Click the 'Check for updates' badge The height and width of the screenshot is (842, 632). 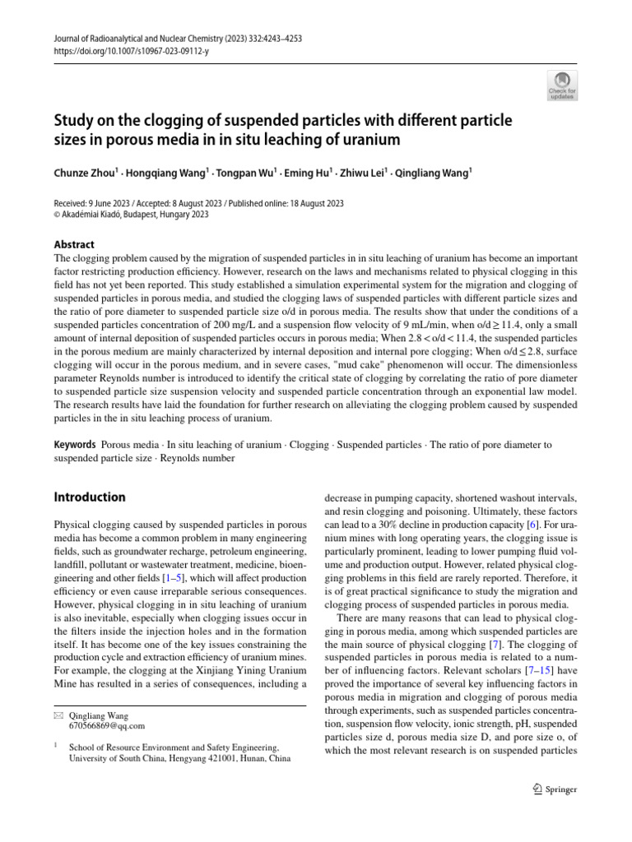(x=562, y=85)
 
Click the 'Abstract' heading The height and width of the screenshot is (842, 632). (x=74, y=244)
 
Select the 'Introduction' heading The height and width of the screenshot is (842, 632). (x=90, y=497)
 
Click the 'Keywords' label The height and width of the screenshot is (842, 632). (x=75, y=444)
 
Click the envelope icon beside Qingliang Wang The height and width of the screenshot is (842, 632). (x=58, y=715)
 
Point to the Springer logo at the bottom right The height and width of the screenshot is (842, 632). (x=555, y=789)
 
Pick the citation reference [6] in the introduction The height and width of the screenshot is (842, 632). (x=532, y=524)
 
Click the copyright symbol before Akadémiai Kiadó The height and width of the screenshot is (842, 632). (x=57, y=215)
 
